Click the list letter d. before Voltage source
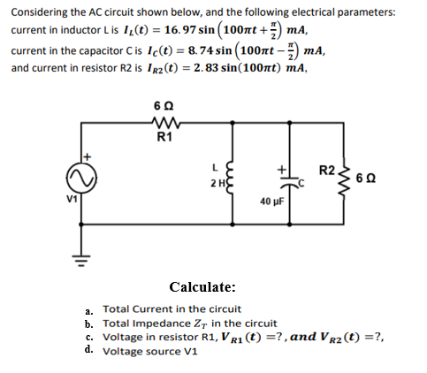[89, 349]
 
